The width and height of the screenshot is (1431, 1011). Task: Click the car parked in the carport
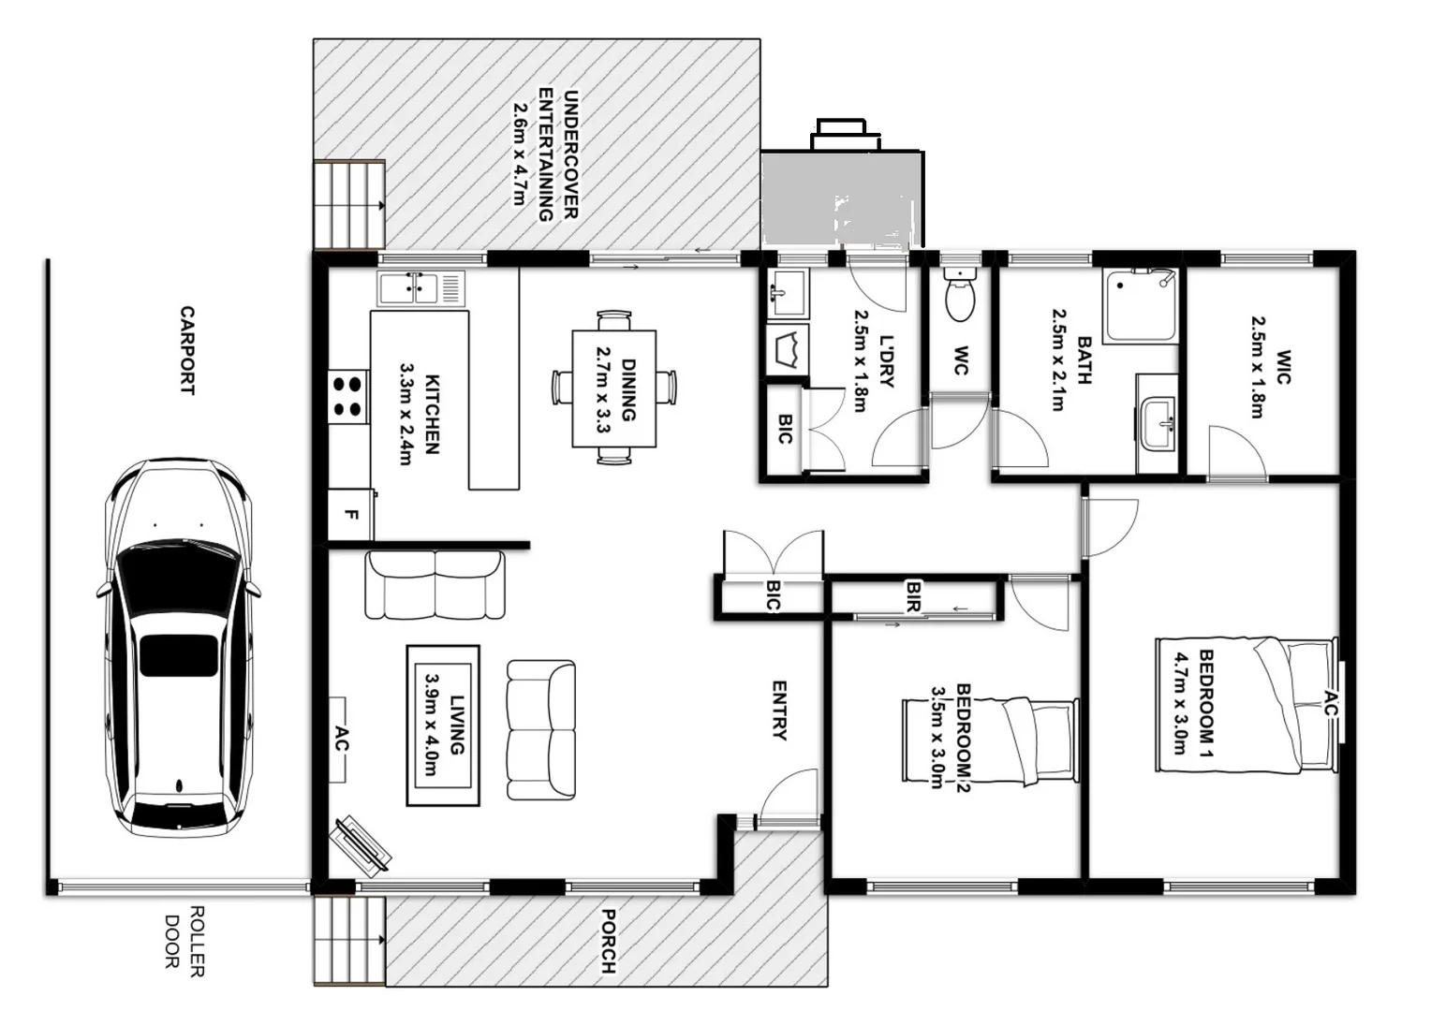tap(177, 647)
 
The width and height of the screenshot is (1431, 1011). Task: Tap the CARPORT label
tap(187, 350)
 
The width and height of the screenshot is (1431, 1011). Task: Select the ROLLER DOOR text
tap(184, 941)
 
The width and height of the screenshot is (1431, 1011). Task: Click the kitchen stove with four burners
tap(347, 395)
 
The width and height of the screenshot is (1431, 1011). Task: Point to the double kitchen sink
tap(420, 287)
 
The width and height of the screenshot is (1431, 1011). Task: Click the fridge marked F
tap(350, 515)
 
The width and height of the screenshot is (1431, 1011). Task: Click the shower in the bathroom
tap(1141, 306)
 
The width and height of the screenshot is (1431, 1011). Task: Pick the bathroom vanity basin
tap(1159, 422)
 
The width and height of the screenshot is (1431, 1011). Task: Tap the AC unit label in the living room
tap(341, 740)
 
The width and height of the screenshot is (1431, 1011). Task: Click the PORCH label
tap(608, 940)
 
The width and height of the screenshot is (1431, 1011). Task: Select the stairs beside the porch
tap(348, 940)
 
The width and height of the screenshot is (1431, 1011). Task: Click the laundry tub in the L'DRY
tap(788, 350)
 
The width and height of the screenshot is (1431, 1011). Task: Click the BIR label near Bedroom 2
tap(913, 596)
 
